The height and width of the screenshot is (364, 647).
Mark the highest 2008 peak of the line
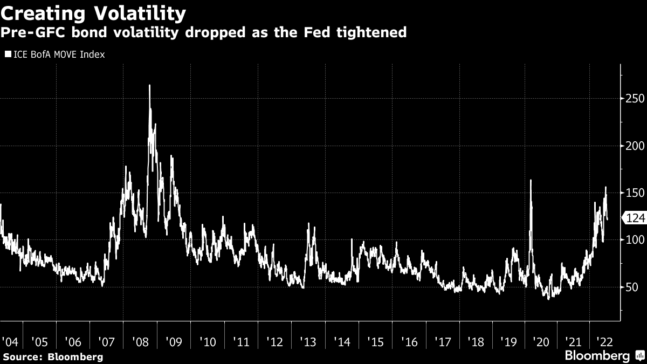click(x=149, y=85)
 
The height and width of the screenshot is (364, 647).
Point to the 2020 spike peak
click(x=531, y=180)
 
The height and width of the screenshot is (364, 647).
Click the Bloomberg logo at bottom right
click(x=597, y=356)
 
